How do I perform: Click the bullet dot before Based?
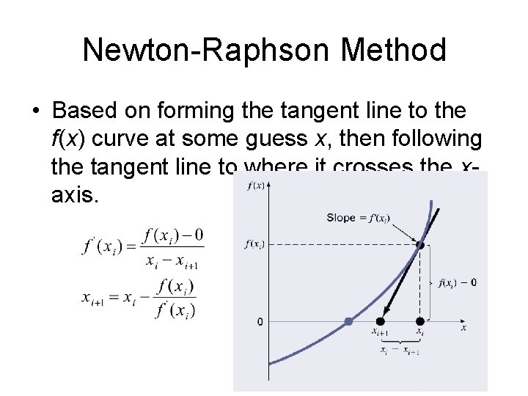click(x=36, y=111)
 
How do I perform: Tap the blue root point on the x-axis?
click(x=348, y=321)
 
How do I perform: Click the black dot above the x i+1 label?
click(x=380, y=321)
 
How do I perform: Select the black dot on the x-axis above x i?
click(x=419, y=321)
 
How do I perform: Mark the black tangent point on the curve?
click(x=419, y=246)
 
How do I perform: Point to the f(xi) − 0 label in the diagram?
click(x=458, y=283)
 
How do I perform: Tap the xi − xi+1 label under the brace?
click(x=399, y=351)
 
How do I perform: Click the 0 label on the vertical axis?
click(x=260, y=321)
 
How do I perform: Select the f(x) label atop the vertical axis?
click(x=257, y=186)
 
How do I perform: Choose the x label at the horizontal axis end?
click(x=463, y=329)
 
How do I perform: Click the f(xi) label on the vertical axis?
click(x=254, y=245)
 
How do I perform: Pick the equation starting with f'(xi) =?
click(x=143, y=247)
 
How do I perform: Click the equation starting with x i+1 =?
click(x=139, y=298)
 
